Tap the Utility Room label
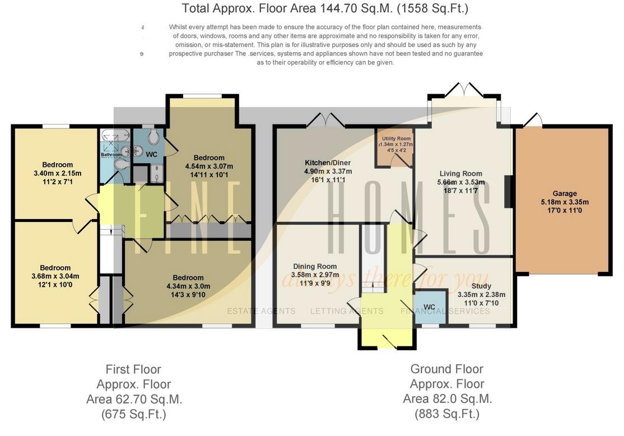point(396,138)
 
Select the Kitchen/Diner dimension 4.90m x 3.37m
point(328,171)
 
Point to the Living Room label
point(460,174)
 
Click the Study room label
point(481,286)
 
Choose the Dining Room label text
point(315,266)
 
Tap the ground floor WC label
point(429,307)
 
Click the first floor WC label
point(152,154)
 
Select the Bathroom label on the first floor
point(111,155)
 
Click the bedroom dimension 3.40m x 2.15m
point(57,173)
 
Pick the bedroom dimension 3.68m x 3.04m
point(55,276)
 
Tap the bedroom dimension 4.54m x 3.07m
point(209,166)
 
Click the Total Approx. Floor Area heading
point(325,8)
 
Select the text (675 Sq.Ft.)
point(133,414)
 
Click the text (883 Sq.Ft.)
point(446,414)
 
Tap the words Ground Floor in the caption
point(446,369)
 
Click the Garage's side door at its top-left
point(533,120)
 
